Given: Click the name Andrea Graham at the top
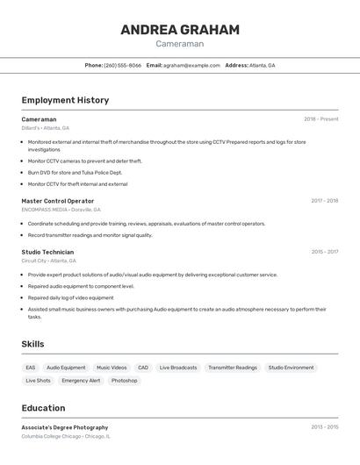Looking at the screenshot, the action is [180, 30].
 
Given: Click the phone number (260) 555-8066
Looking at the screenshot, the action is [122, 65].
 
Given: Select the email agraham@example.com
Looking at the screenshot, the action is [191, 65].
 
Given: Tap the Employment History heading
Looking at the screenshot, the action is [65, 100].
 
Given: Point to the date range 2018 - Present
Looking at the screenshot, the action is [321, 119].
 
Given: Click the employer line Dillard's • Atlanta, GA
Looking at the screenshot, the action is [45, 128].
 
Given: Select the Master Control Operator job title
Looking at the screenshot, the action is [58, 201].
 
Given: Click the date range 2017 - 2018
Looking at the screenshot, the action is [324, 201].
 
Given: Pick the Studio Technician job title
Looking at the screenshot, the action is [47, 252].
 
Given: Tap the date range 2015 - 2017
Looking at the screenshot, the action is [324, 252].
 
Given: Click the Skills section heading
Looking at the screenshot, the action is [32, 344].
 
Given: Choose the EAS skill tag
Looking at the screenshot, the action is [31, 368].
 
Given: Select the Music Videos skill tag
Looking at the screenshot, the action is [112, 368].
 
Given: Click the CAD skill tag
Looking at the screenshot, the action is [143, 368].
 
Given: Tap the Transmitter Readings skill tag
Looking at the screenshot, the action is [233, 368].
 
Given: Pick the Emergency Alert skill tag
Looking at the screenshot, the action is [81, 381].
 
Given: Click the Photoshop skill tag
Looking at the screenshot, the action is [124, 381].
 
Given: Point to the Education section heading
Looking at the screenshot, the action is [43, 408].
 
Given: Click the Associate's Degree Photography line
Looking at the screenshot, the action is [65, 427].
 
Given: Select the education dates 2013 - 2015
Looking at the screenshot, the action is [324, 427].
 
